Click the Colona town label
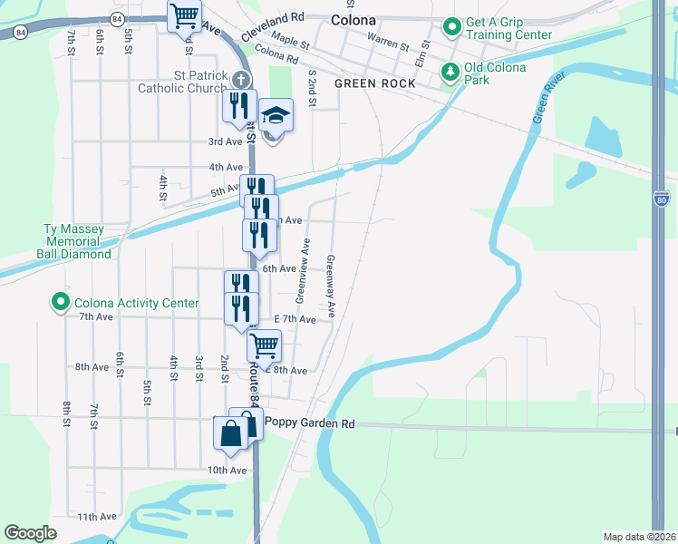(354, 19)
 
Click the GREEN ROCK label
(374, 83)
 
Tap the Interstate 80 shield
(662, 196)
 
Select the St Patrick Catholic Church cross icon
(239, 79)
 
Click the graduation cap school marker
(276, 116)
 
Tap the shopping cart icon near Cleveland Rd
(185, 15)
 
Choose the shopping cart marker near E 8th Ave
(264, 345)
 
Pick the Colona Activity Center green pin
(61, 303)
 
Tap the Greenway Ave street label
(331, 285)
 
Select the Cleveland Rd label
(273, 17)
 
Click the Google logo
(30, 533)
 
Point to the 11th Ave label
(96, 517)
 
